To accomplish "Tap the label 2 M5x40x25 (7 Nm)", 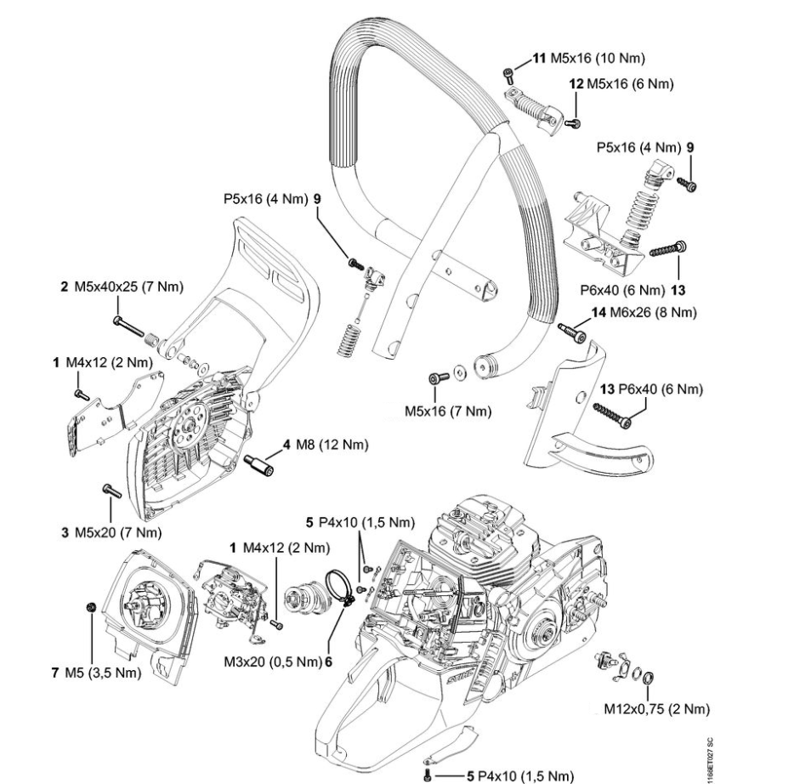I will tap(122, 287).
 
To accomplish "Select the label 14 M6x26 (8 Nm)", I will tap(644, 314).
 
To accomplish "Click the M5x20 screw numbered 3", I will tap(109, 490).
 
